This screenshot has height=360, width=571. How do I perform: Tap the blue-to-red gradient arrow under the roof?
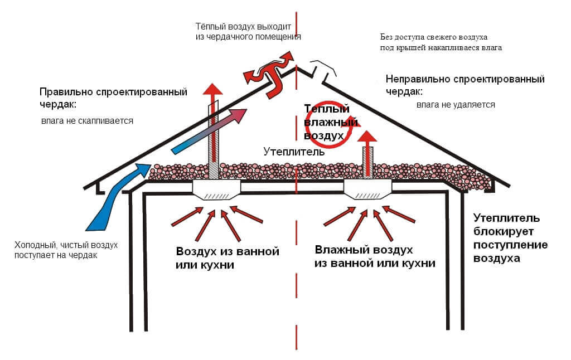(209, 132)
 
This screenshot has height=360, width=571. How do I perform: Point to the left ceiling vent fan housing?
(216, 190)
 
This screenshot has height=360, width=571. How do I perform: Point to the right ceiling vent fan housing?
(368, 189)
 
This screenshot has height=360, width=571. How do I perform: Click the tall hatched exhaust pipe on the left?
(214, 139)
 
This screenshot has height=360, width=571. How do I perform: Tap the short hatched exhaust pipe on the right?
(367, 162)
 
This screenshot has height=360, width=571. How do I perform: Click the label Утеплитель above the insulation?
(294, 152)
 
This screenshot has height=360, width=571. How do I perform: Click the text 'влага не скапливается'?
(87, 120)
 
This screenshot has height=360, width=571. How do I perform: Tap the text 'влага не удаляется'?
(456, 105)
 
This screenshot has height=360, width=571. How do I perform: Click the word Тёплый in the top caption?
(210, 27)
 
